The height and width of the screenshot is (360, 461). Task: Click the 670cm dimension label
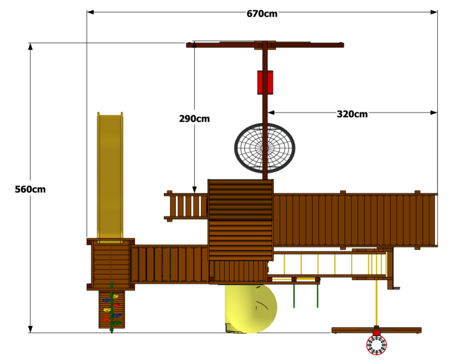tap(262, 13)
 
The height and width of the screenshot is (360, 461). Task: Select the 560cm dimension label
tap(30, 189)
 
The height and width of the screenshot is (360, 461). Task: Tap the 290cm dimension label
tap(194, 119)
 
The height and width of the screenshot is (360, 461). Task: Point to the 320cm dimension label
tap(352, 114)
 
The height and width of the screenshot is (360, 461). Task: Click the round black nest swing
tap(265, 148)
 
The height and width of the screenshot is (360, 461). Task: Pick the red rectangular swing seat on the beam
tap(265, 82)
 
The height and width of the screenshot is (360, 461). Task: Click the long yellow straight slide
tap(110, 178)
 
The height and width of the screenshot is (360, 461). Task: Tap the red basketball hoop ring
tap(376, 345)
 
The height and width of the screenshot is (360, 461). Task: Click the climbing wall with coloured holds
tap(112, 309)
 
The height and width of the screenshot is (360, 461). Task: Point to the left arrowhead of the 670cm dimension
tap(90, 12)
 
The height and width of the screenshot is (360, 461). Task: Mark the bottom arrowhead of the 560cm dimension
tap(30, 329)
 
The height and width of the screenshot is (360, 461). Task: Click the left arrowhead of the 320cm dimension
tap(271, 113)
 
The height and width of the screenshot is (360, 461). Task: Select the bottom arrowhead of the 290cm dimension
tap(194, 189)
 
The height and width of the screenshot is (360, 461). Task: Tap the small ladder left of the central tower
tap(186, 206)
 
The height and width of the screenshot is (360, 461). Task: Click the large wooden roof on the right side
tap(355, 220)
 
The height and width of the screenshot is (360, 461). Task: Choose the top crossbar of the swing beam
tap(265, 45)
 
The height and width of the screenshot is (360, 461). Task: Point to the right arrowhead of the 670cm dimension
tap(434, 12)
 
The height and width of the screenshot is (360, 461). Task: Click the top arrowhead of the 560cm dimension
tap(30, 47)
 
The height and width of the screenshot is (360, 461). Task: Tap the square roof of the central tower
tap(240, 220)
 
